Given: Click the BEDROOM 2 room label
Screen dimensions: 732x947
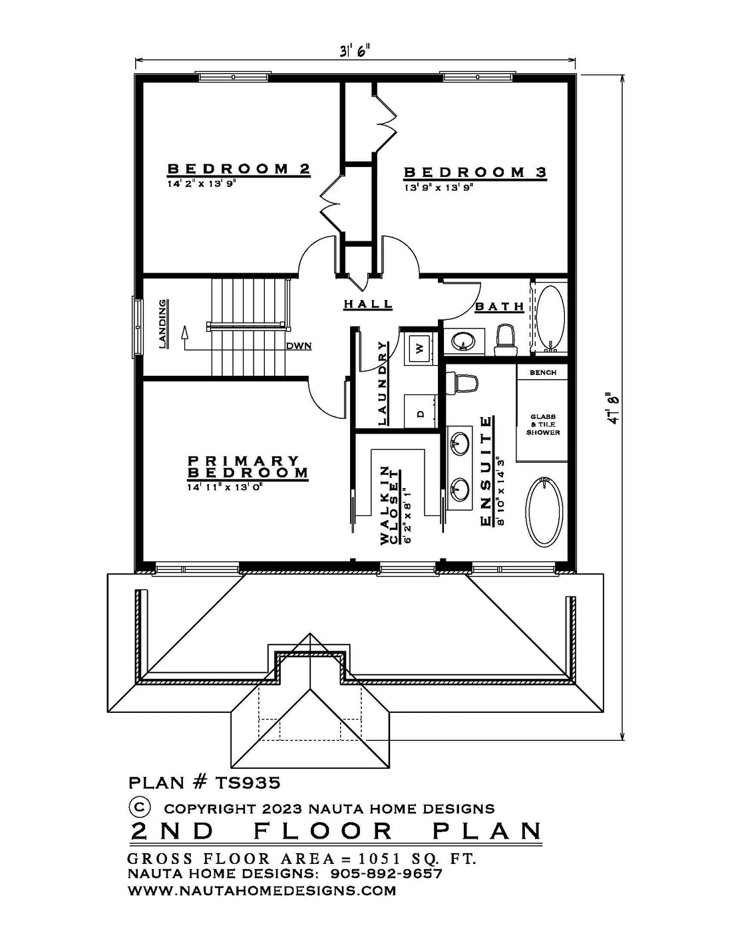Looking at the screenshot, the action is point(239,169).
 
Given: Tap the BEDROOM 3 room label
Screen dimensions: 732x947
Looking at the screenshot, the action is point(475,172).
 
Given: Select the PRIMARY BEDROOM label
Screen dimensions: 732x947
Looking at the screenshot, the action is point(248,467).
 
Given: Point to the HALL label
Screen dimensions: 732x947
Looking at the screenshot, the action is point(368,304).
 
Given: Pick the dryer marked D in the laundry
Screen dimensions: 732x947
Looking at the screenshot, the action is point(421,412).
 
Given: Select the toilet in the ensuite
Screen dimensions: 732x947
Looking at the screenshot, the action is point(462,382).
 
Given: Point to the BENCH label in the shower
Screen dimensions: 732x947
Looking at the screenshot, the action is point(543,372).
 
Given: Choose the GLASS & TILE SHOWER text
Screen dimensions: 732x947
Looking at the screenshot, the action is point(543,424).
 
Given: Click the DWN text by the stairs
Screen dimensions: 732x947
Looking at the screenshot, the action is point(299,346).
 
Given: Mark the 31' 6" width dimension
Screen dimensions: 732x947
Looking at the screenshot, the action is point(355,51).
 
